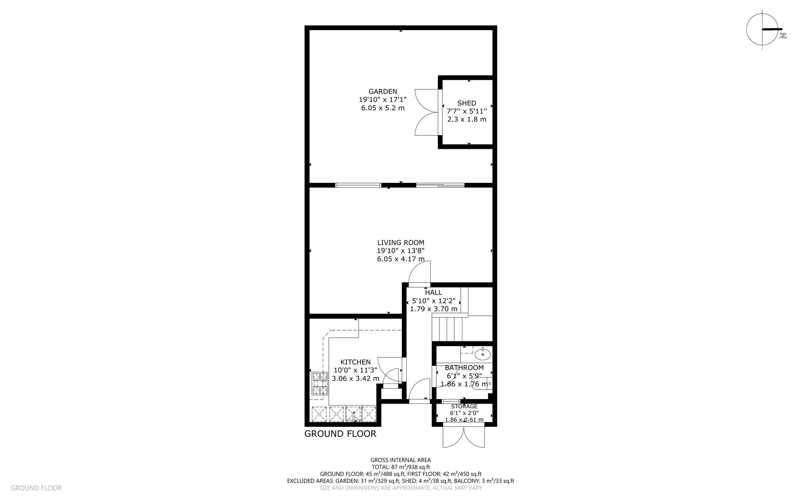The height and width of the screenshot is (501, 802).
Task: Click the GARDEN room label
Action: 383,91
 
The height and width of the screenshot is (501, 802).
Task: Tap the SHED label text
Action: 467,103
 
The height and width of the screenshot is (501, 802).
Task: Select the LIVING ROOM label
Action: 401,242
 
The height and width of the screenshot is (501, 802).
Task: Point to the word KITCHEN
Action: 356,362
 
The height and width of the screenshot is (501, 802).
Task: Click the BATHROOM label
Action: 464,367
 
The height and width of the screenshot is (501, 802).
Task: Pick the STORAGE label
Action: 464,406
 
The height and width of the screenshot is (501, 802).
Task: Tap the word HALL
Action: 433,292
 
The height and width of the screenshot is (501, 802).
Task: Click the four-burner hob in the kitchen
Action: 320,383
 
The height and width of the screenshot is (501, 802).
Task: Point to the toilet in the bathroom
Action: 482,383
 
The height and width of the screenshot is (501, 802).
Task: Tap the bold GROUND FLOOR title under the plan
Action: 340,434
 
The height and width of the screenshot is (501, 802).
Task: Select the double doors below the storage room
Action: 464,437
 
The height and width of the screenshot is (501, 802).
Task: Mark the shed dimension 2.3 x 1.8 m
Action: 467,119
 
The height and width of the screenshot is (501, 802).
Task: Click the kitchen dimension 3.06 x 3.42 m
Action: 356,378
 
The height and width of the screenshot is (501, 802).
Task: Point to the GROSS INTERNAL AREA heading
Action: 401,460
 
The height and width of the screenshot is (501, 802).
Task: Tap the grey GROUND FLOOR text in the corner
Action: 36,488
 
